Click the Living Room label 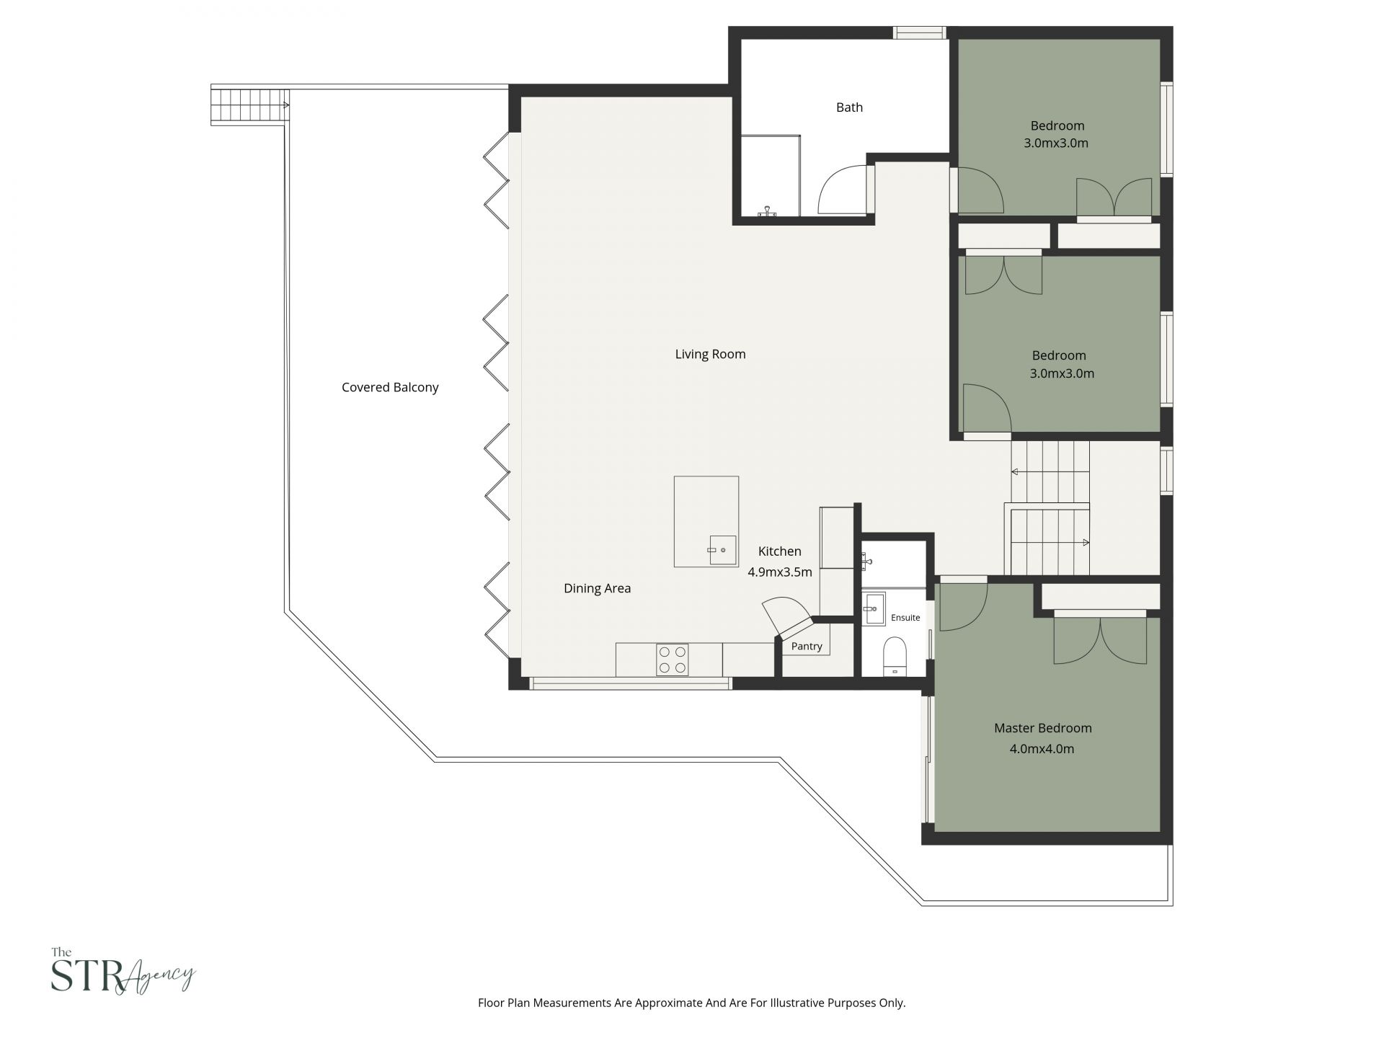point(710,354)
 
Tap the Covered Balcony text point(390,387)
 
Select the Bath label point(849,107)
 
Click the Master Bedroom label point(1042,728)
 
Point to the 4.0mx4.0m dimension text point(1042,749)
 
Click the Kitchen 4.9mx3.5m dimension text point(779,572)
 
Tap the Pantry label point(806,646)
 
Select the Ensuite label point(905,618)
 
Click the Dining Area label point(597,588)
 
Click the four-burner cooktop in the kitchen point(672,660)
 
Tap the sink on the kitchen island point(722,550)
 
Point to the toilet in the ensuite point(895,655)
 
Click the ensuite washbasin point(874,609)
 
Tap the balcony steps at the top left point(249,105)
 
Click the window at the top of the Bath point(920,32)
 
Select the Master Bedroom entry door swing point(963,606)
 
